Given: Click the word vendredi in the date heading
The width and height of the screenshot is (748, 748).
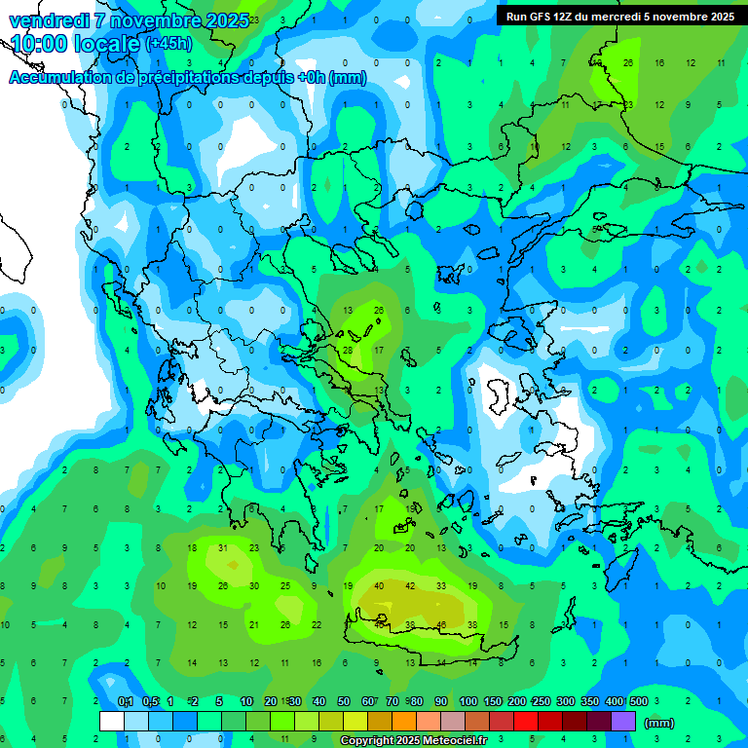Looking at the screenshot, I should [49, 20].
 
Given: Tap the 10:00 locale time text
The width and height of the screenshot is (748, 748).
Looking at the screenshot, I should [74, 44].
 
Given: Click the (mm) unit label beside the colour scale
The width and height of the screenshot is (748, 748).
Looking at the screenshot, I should [659, 723].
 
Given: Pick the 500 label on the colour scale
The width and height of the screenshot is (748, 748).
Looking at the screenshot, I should [638, 701].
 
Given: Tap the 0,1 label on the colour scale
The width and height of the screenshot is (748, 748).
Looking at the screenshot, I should [126, 701].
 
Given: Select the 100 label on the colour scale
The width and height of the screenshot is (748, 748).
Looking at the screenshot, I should [467, 701].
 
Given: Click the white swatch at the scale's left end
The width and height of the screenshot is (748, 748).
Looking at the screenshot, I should [112, 722].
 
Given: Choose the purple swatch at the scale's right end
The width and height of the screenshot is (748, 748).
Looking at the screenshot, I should [623, 722].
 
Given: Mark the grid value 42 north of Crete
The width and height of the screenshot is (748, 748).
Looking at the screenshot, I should [410, 586].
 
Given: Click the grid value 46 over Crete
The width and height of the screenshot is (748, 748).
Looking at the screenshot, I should [441, 624].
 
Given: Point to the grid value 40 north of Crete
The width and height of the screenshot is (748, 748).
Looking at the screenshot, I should [379, 586].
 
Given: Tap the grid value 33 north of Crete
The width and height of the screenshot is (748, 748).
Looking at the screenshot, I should [441, 586].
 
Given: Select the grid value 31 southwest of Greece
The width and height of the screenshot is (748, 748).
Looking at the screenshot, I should [223, 548].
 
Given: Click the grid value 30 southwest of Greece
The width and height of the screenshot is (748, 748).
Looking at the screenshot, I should [254, 586].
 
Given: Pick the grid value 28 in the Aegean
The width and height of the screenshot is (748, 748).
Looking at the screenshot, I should [348, 350].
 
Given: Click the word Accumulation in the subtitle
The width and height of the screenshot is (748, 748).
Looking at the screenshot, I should [63, 78].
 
